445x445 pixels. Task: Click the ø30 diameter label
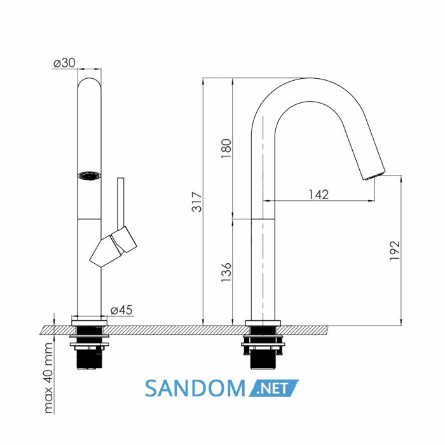pyautogui.click(x=64, y=63)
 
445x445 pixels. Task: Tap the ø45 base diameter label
pyautogui.click(x=121, y=310)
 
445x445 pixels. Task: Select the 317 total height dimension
pyautogui.click(x=196, y=202)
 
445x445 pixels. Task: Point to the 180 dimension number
pyautogui.click(x=226, y=149)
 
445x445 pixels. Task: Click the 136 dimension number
pyautogui.click(x=226, y=272)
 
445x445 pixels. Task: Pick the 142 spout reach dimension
pyautogui.click(x=318, y=195)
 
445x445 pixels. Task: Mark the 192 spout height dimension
pyautogui.click(x=395, y=250)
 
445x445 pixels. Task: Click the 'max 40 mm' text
pyautogui.click(x=48, y=378)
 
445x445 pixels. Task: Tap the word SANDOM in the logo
pyautogui.click(x=195, y=388)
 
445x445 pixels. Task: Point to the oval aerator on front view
pyautogui.click(x=89, y=175)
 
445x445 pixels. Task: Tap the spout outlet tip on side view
pyautogui.click(x=374, y=175)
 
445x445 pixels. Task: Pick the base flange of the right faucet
pyautogui.click(x=263, y=323)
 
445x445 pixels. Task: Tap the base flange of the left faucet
pyautogui.click(x=90, y=323)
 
